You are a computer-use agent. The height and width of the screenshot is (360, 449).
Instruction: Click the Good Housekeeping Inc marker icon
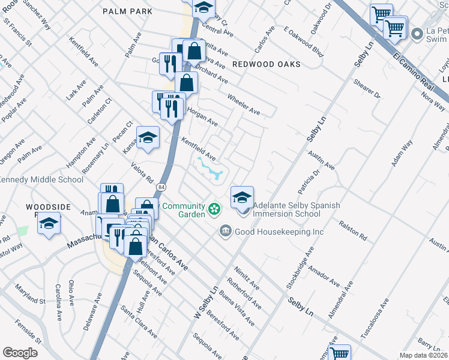(x=225, y=231)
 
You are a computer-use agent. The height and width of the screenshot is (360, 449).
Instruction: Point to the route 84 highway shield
(x=161, y=188)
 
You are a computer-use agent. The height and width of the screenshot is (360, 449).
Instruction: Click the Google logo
(x=20, y=352)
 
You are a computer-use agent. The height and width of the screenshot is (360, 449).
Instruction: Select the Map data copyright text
(x=423, y=355)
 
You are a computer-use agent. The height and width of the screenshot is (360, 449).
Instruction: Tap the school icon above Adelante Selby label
(x=242, y=197)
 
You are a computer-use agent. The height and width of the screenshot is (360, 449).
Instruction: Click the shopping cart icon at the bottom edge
(x=340, y=353)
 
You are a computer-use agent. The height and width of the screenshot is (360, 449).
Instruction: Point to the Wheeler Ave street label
(x=243, y=104)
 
